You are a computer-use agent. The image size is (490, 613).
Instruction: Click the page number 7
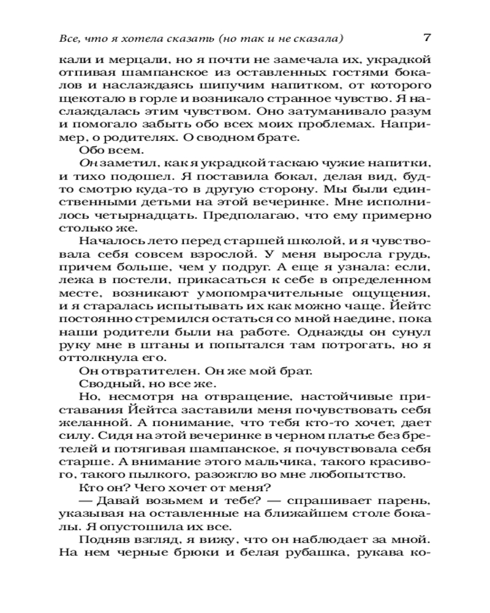click(428, 37)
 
